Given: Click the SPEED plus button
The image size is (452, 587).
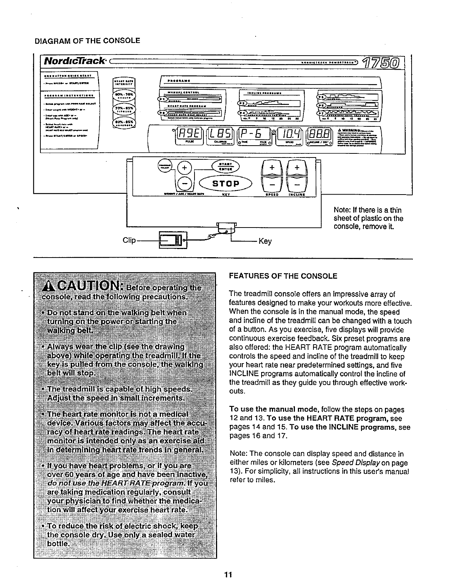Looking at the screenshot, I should (272, 168).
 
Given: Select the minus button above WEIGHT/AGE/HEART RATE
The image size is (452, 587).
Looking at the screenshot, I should (185, 183).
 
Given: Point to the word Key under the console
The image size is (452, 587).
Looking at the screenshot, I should (265, 242).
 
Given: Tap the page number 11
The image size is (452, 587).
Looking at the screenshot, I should (228, 575).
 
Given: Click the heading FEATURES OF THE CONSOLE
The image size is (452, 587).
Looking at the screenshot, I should (283, 276).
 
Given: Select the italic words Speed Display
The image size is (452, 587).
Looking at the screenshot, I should (355, 463).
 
